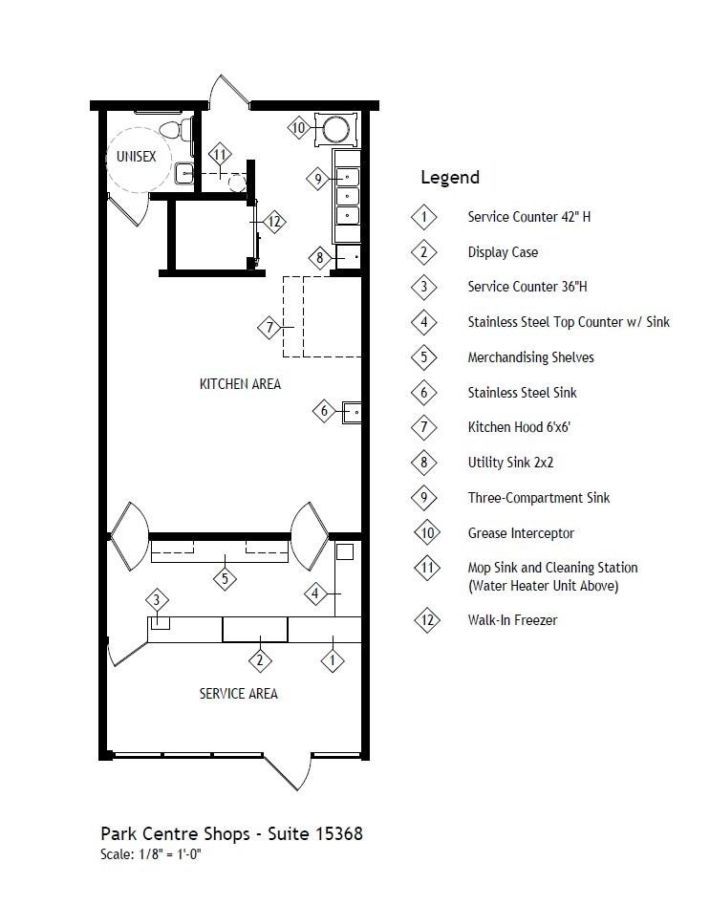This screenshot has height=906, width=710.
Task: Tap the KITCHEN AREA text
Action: [x=240, y=384]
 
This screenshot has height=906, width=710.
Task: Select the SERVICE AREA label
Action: [x=238, y=693]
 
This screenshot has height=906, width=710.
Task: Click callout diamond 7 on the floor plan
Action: [x=270, y=328]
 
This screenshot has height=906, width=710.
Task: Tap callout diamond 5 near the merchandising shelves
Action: [x=225, y=577]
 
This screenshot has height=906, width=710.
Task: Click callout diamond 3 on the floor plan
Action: [x=158, y=600]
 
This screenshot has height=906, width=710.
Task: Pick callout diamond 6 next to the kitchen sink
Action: [x=324, y=411]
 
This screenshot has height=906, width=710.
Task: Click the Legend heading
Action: [x=449, y=178]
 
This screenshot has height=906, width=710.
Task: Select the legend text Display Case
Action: [x=503, y=252]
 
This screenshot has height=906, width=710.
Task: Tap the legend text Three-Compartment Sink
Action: [x=538, y=498]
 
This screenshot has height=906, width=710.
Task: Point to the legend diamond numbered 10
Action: [x=425, y=533]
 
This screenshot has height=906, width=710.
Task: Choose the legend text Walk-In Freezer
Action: [x=512, y=620]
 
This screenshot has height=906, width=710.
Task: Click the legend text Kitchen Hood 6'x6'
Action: [x=519, y=427]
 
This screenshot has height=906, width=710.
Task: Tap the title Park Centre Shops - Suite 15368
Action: [x=231, y=833]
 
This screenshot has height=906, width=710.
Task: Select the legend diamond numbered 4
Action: [x=424, y=322]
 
